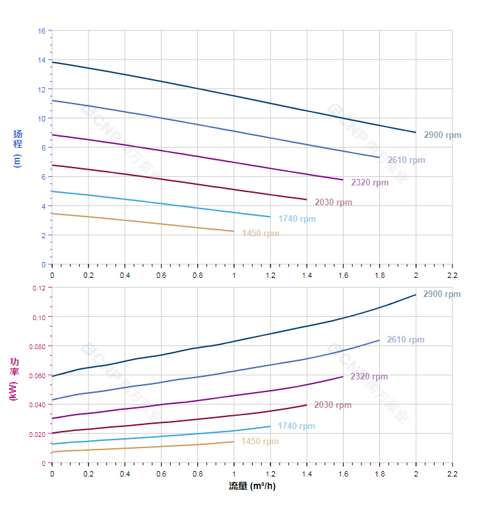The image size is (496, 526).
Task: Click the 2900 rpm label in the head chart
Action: coord(442,135)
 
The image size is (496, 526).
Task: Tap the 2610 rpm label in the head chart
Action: coord(406,160)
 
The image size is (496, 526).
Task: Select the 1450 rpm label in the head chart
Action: coord(261,234)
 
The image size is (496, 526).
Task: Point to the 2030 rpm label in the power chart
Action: coord(332,405)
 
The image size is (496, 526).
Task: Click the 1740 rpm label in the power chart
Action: coord(296,426)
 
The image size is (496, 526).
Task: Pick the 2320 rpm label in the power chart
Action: coord(369,377)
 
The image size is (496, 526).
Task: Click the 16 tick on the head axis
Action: coord(42,31)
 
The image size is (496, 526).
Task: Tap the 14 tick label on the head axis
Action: coord(42,60)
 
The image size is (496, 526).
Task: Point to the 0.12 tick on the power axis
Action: coord(38,288)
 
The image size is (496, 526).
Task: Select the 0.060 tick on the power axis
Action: coord(36,376)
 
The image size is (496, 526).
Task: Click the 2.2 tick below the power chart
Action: coord(452,474)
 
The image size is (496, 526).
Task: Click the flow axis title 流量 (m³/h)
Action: coord(252,486)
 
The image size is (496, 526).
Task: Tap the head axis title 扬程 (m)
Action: coord(18,148)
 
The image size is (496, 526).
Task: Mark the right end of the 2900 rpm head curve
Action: coord(416,133)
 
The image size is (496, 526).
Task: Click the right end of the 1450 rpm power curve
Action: coord(234,442)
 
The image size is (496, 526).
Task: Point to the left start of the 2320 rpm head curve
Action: coord(52,135)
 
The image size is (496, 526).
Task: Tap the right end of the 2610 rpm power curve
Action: coord(380,340)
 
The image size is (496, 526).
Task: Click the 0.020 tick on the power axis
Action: coord(36,434)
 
